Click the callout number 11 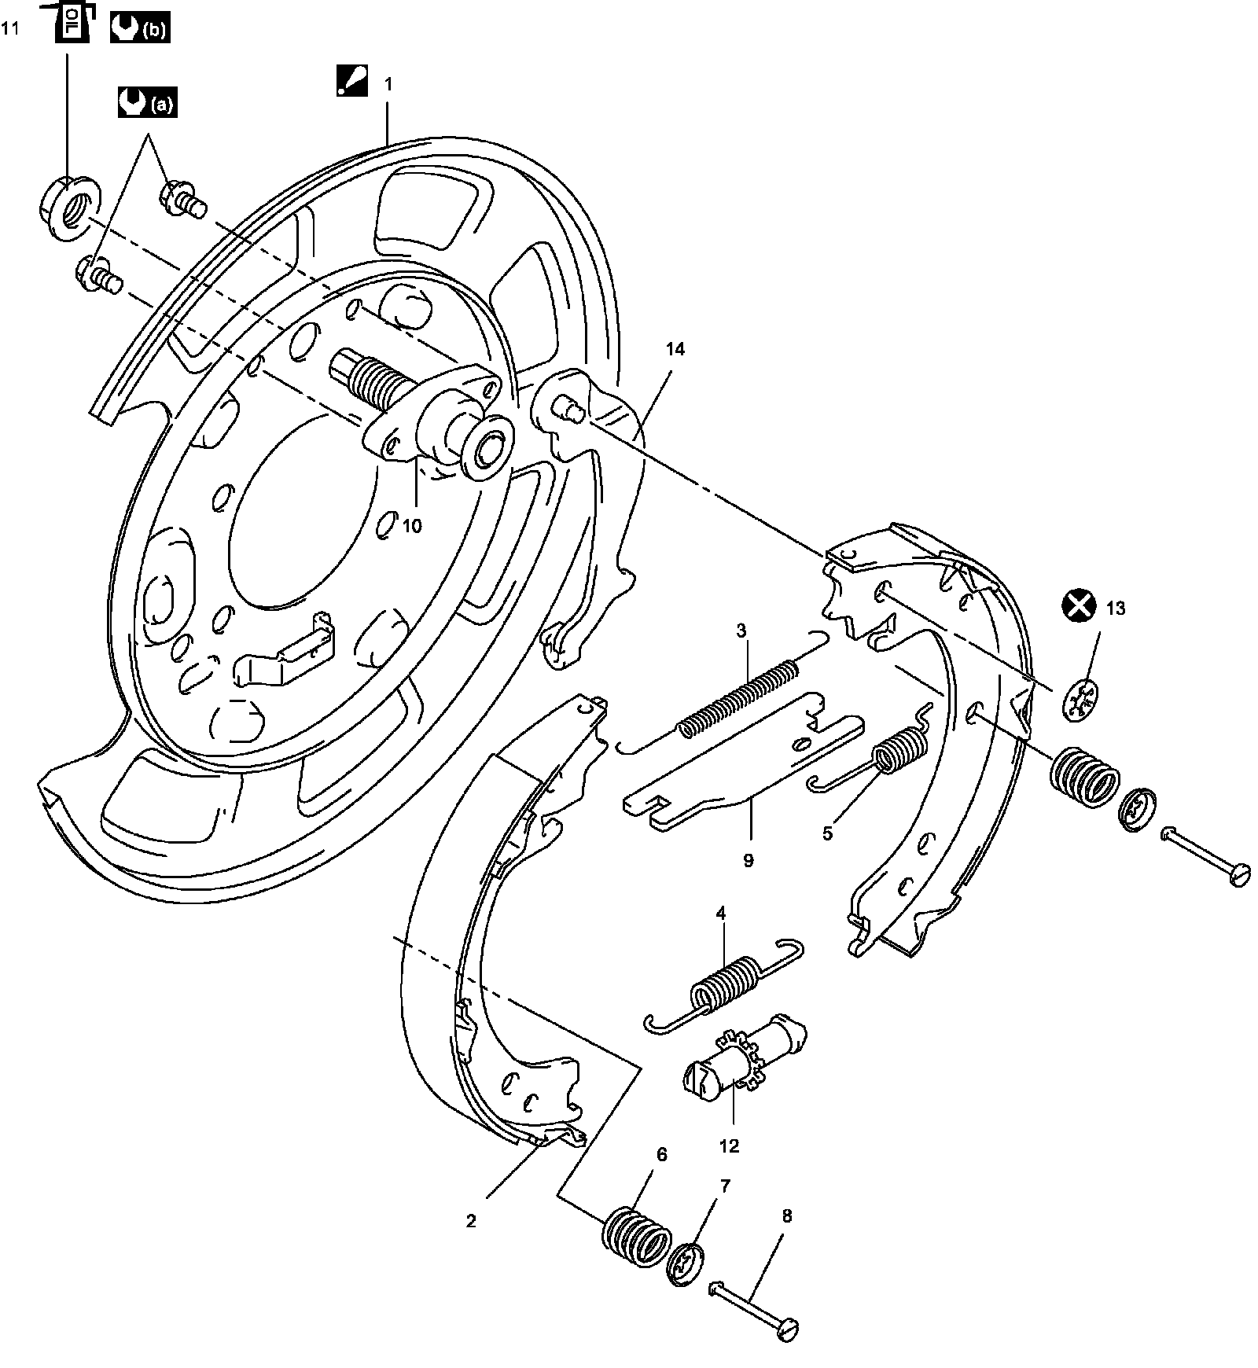(9, 29)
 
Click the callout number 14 (675, 350)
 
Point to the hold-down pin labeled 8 (755, 1307)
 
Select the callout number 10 (412, 526)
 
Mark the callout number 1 (388, 84)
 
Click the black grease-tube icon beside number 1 (351, 81)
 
